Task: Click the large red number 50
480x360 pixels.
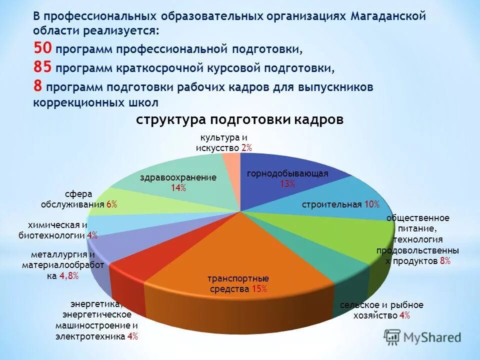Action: (43, 48)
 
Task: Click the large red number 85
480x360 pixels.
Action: (43, 67)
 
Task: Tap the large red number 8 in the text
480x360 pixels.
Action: (38, 85)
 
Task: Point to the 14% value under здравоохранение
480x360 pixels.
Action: (178, 187)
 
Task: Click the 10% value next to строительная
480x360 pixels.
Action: (371, 204)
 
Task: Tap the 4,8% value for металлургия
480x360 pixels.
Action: (69, 275)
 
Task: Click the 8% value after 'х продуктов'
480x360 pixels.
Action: (445, 260)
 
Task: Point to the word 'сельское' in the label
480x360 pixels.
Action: (358, 305)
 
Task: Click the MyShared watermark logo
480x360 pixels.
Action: (423, 337)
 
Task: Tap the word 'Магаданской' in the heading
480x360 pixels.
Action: (387, 16)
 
